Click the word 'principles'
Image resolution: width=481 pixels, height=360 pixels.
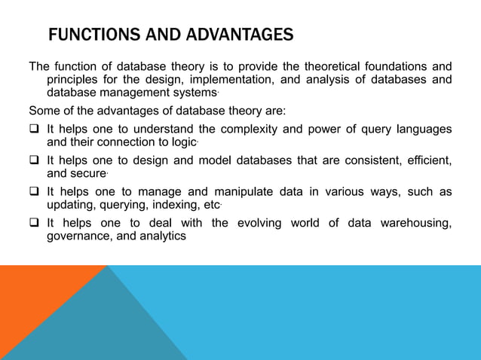(x=75, y=79)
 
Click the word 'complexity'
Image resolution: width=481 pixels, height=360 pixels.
(x=237, y=128)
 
